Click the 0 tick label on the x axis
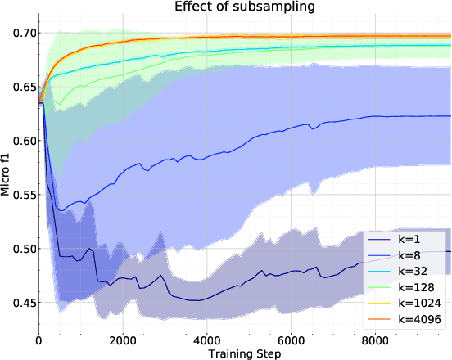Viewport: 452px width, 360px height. coord(39,340)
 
